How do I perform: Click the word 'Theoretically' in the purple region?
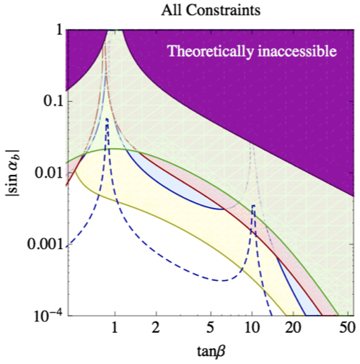point(208,51)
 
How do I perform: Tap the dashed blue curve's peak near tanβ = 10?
point(253,207)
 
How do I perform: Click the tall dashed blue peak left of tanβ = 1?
point(107,119)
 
